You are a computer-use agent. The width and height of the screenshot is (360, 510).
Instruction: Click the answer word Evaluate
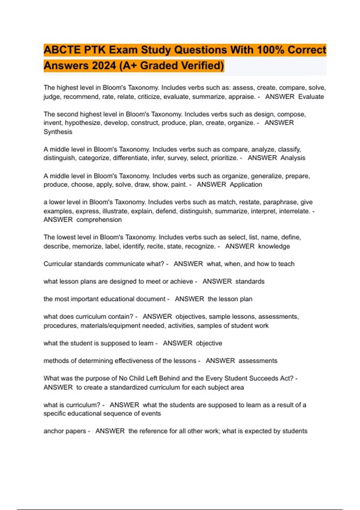[311, 97]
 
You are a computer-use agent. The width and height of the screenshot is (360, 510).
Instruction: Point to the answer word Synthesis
[58, 132]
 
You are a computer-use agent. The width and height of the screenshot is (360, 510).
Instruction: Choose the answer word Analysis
[293, 158]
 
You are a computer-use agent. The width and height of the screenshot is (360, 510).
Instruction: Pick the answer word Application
[246, 184]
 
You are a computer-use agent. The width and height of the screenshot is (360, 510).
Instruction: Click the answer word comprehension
[99, 220]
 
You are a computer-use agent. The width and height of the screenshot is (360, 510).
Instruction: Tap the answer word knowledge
[274, 246]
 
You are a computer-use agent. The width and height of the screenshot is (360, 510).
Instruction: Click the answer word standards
[250, 281]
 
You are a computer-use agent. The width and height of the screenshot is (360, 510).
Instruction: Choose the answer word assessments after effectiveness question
[258, 361]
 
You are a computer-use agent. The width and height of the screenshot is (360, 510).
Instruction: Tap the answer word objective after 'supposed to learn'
[209, 343]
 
